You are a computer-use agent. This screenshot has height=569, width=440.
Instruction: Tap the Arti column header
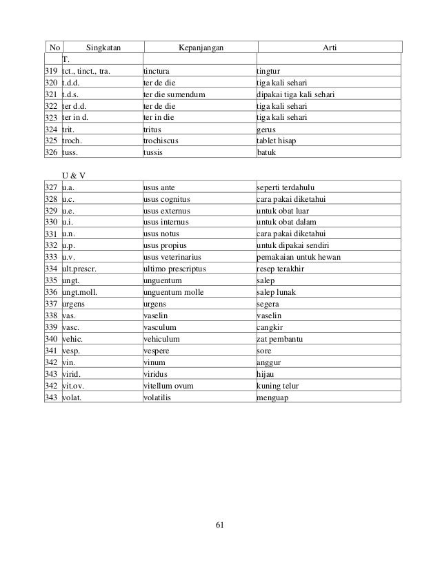tap(330, 47)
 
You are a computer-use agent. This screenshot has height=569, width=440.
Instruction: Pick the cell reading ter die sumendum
tap(174, 94)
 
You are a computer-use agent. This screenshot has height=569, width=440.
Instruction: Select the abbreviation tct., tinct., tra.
tap(88, 70)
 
